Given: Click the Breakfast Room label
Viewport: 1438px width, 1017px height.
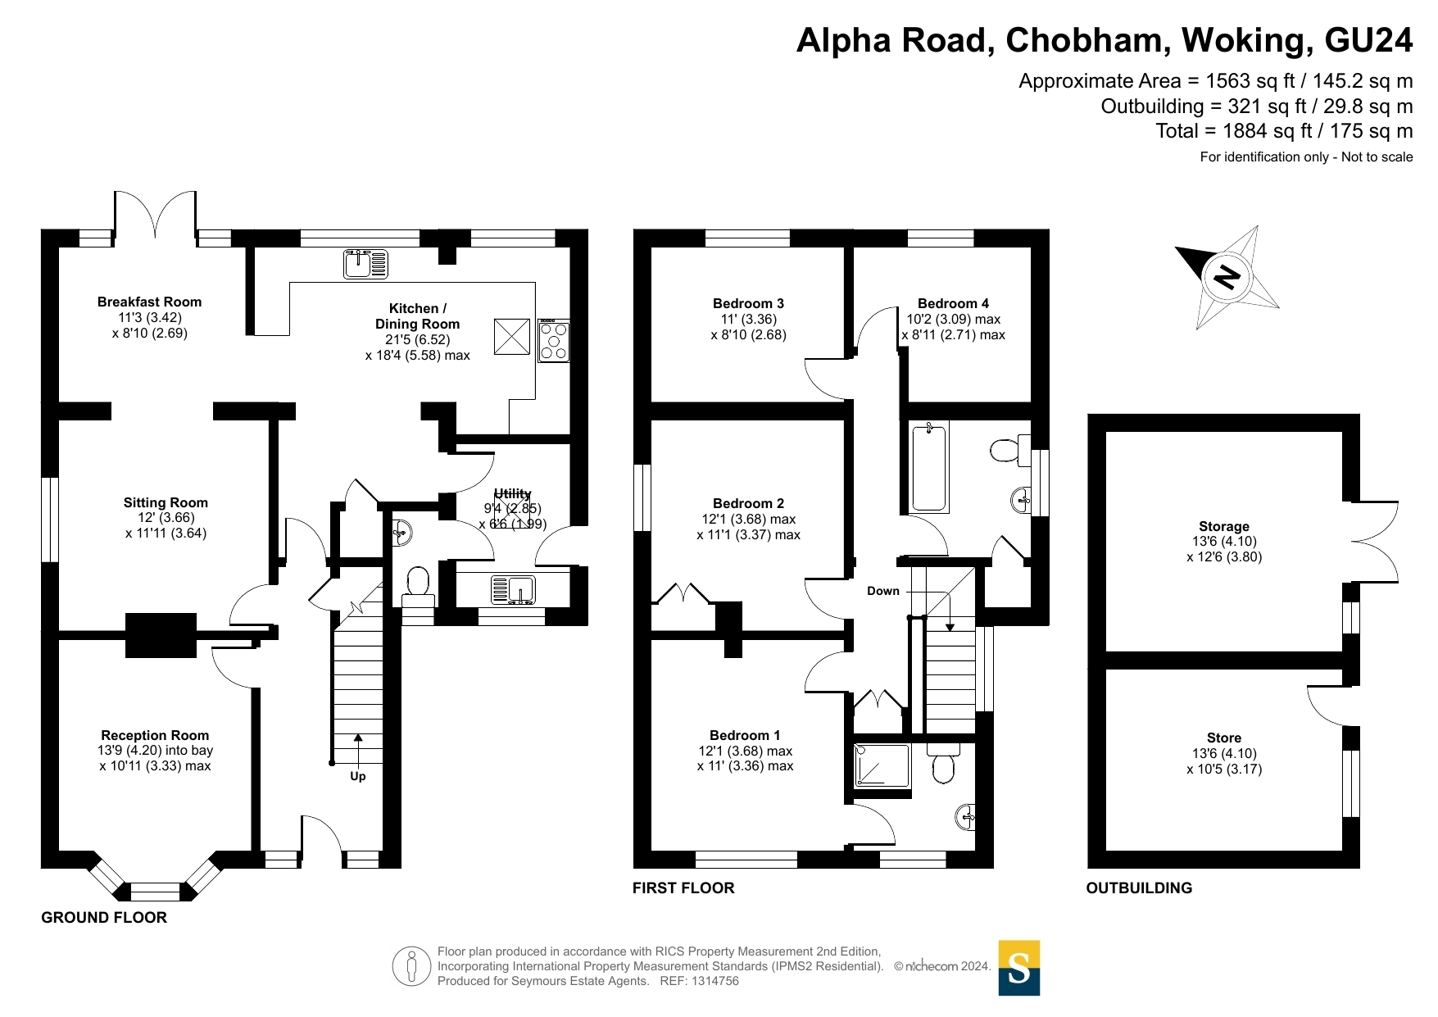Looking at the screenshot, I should click(x=149, y=302).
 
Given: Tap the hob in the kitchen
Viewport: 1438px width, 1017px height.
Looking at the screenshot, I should click(x=554, y=341).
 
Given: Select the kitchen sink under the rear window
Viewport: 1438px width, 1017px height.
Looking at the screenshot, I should click(x=365, y=264).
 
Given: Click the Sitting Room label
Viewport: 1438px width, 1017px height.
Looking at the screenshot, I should click(x=166, y=502).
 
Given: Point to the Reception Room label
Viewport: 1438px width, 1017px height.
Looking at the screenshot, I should click(x=155, y=735).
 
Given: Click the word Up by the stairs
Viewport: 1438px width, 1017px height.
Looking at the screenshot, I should click(x=358, y=776).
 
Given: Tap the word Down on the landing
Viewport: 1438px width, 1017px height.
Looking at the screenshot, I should click(x=883, y=591).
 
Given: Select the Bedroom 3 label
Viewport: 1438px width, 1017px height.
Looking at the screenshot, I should click(x=748, y=303).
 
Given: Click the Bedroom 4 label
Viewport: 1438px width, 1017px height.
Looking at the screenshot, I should click(x=953, y=303).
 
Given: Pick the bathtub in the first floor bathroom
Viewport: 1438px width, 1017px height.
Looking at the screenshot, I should click(x=929, y=467).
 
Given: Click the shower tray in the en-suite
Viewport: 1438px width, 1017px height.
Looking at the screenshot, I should click(x=882, y=765).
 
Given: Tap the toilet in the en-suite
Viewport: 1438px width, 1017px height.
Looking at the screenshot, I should click(x=943, y=765).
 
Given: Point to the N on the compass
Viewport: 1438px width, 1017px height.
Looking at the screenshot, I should click(x=1227, y=277).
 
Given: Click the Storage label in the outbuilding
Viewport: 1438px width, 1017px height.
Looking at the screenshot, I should click(x=1224, y=526).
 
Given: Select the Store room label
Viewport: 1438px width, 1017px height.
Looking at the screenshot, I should click(x=1224, y=738).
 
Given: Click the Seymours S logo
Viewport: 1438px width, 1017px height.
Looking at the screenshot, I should click(x=1018, y=968).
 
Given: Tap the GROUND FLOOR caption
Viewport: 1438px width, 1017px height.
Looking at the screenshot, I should click(x=104, y=918).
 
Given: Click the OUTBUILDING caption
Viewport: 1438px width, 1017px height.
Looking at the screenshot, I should click(x=1139, y=888).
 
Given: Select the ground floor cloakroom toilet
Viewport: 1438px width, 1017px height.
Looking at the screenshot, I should click(x=417, y=584).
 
